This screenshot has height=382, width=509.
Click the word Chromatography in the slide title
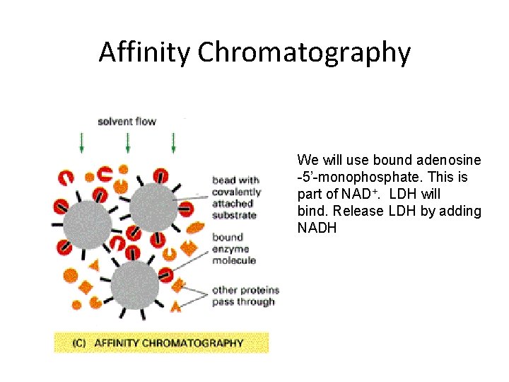[x=304, y=52]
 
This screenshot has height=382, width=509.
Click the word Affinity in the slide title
[x=145, y=52]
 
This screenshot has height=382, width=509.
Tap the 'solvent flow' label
[x=127, y=121]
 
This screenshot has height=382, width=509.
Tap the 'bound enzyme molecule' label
[x=233, y=248]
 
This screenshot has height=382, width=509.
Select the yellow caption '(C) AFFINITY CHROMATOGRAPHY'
[x=161, y=343]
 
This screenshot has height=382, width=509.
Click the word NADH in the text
[x=317, y=228]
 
